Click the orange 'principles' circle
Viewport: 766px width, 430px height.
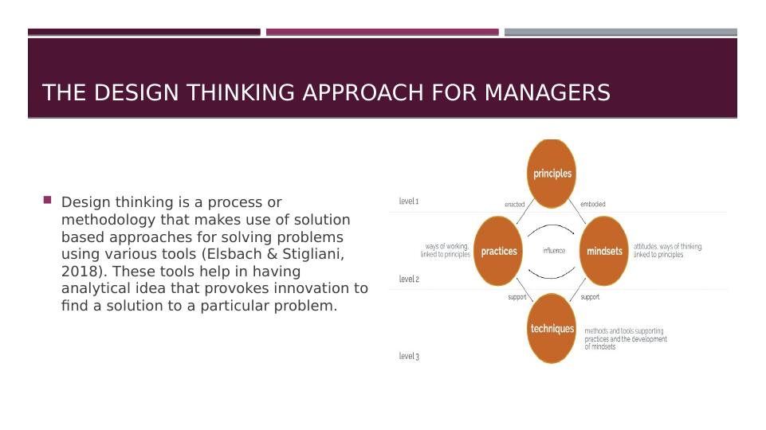[552, 173]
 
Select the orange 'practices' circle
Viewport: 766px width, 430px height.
[499, 251]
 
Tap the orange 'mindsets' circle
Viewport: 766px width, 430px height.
[604, 251]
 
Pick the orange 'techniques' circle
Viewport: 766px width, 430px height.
[552, 328]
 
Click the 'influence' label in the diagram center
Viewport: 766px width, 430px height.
[554, 251]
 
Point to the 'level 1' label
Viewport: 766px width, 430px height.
[409, 202]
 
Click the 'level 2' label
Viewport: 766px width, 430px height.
[409, 279]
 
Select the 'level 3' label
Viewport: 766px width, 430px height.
[409, 356]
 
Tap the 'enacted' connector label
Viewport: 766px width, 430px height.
[514, 205]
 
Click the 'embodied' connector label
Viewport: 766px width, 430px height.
[592, 205]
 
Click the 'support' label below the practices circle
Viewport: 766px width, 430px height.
[517, 297]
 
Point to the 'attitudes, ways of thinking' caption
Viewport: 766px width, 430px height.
[668, 247]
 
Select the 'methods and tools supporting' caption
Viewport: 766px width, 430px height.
[624, 330]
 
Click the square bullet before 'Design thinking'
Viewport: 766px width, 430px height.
[48, 200]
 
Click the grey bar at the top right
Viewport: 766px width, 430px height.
[620, 32]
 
